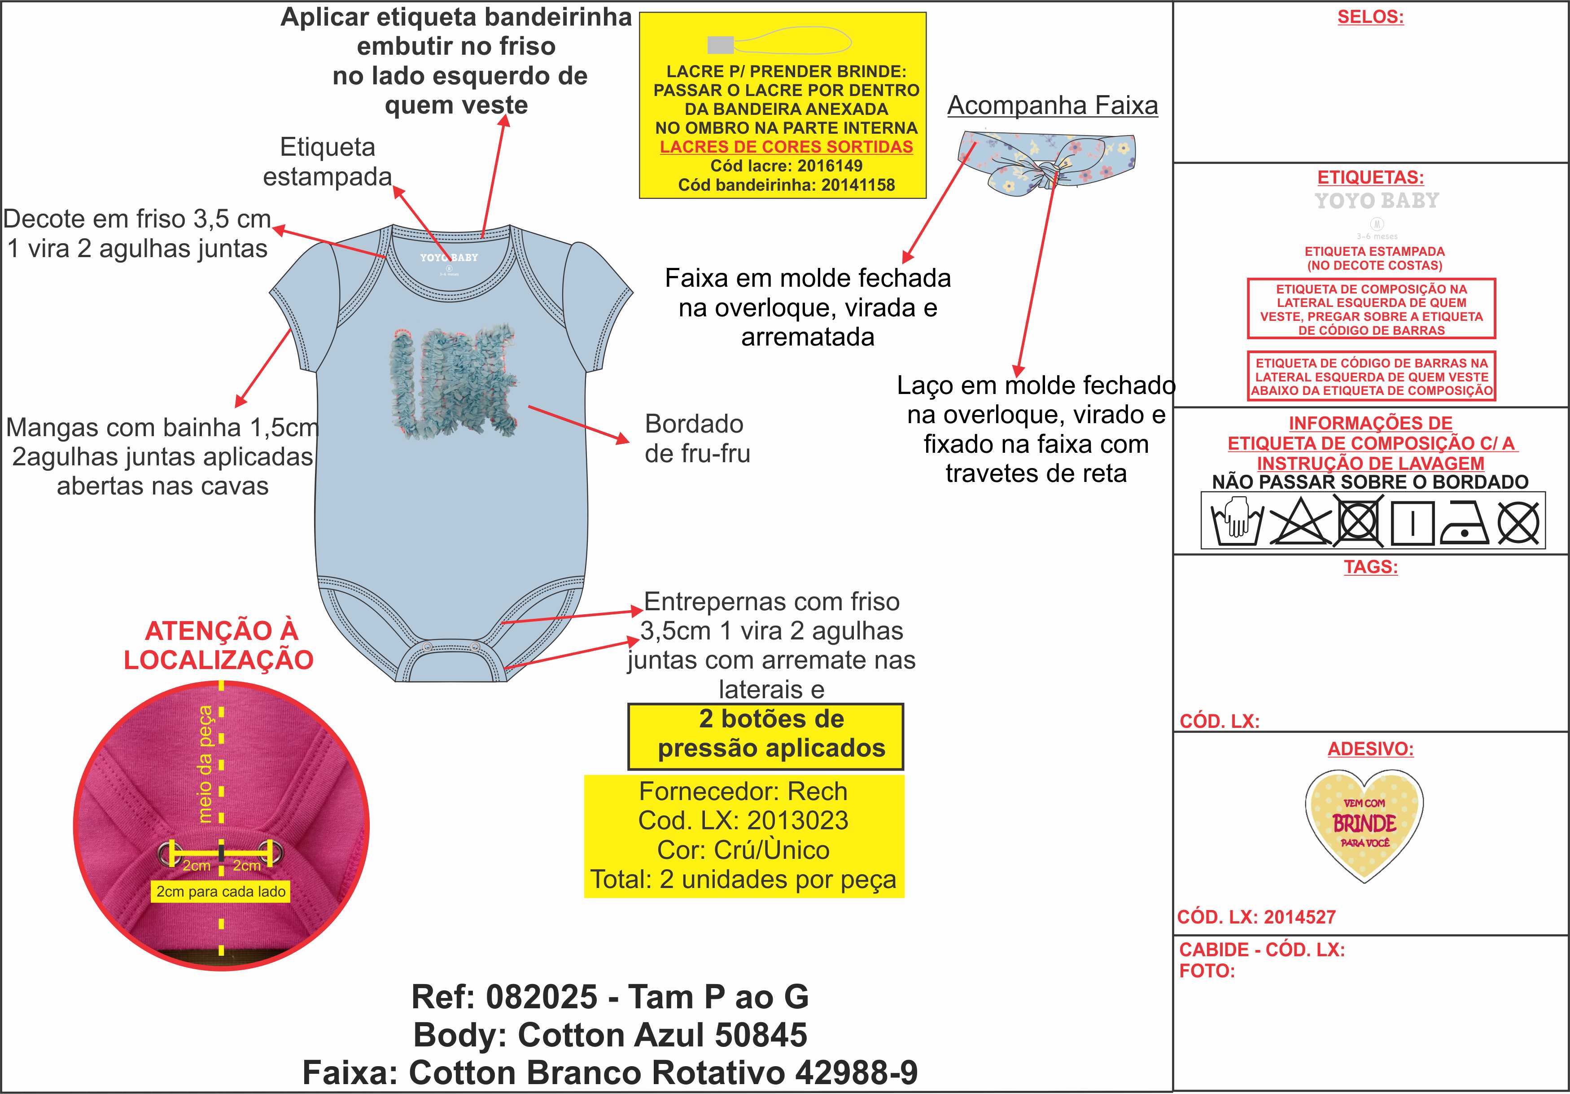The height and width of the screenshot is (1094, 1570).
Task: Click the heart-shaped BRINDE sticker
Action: click(1364, 824)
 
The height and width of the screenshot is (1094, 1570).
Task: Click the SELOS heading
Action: click(1370, 17)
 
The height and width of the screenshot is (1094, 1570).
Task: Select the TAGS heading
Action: click(1370, 567)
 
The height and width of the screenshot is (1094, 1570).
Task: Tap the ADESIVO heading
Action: click(1370, 749)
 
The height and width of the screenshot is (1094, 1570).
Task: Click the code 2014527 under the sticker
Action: click(1299, 917)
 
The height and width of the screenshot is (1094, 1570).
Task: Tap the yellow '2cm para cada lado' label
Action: click(221, 892)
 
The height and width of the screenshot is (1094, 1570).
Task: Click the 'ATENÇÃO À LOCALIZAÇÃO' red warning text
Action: click(219, 645)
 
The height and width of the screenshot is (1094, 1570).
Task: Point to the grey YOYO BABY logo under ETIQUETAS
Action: click(1377, 201)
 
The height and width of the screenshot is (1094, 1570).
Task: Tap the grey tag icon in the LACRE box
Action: click(720, 44)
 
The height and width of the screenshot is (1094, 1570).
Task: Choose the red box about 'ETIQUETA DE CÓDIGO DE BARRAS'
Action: click(1371, 377)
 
